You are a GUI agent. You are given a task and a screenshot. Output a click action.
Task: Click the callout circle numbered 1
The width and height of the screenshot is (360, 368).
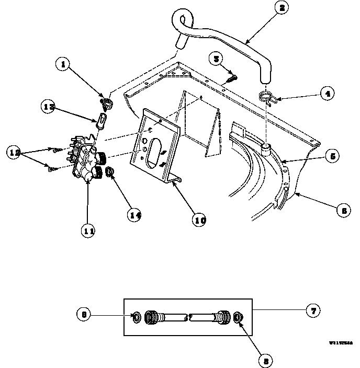coord(63,65)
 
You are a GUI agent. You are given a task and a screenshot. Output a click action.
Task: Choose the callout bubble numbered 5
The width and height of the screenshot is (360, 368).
coord(332,156)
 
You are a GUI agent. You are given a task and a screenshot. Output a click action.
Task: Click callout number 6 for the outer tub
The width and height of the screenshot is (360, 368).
coord(344,211)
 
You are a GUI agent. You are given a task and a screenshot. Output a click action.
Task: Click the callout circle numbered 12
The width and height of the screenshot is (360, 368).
coord(14,152)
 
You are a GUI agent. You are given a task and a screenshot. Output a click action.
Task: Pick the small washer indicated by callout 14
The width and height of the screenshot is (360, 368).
coord(110,172)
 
